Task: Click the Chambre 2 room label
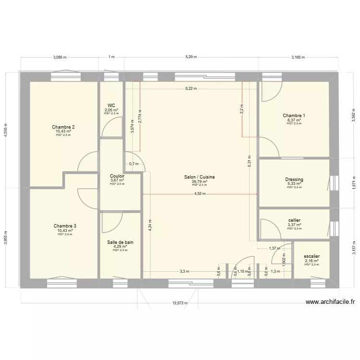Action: point(63,127)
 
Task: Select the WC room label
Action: point(111,105)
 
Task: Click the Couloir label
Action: point(117,176)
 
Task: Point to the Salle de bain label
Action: point(120,242)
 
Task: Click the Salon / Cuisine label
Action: point(199,177)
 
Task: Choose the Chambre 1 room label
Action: point(294,116)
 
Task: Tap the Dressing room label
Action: point(294,180)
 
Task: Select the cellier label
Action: point(294,220)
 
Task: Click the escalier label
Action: point(312,256)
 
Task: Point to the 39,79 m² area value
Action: point(199,181)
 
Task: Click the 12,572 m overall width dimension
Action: point(180,303)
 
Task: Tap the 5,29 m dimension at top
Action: point(191,57)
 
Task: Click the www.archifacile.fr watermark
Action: point(330,302)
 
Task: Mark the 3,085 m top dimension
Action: point(60,57)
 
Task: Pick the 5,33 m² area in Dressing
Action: point(294,184)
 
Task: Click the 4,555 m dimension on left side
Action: point(6,129)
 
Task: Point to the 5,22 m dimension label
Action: point(192,89)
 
